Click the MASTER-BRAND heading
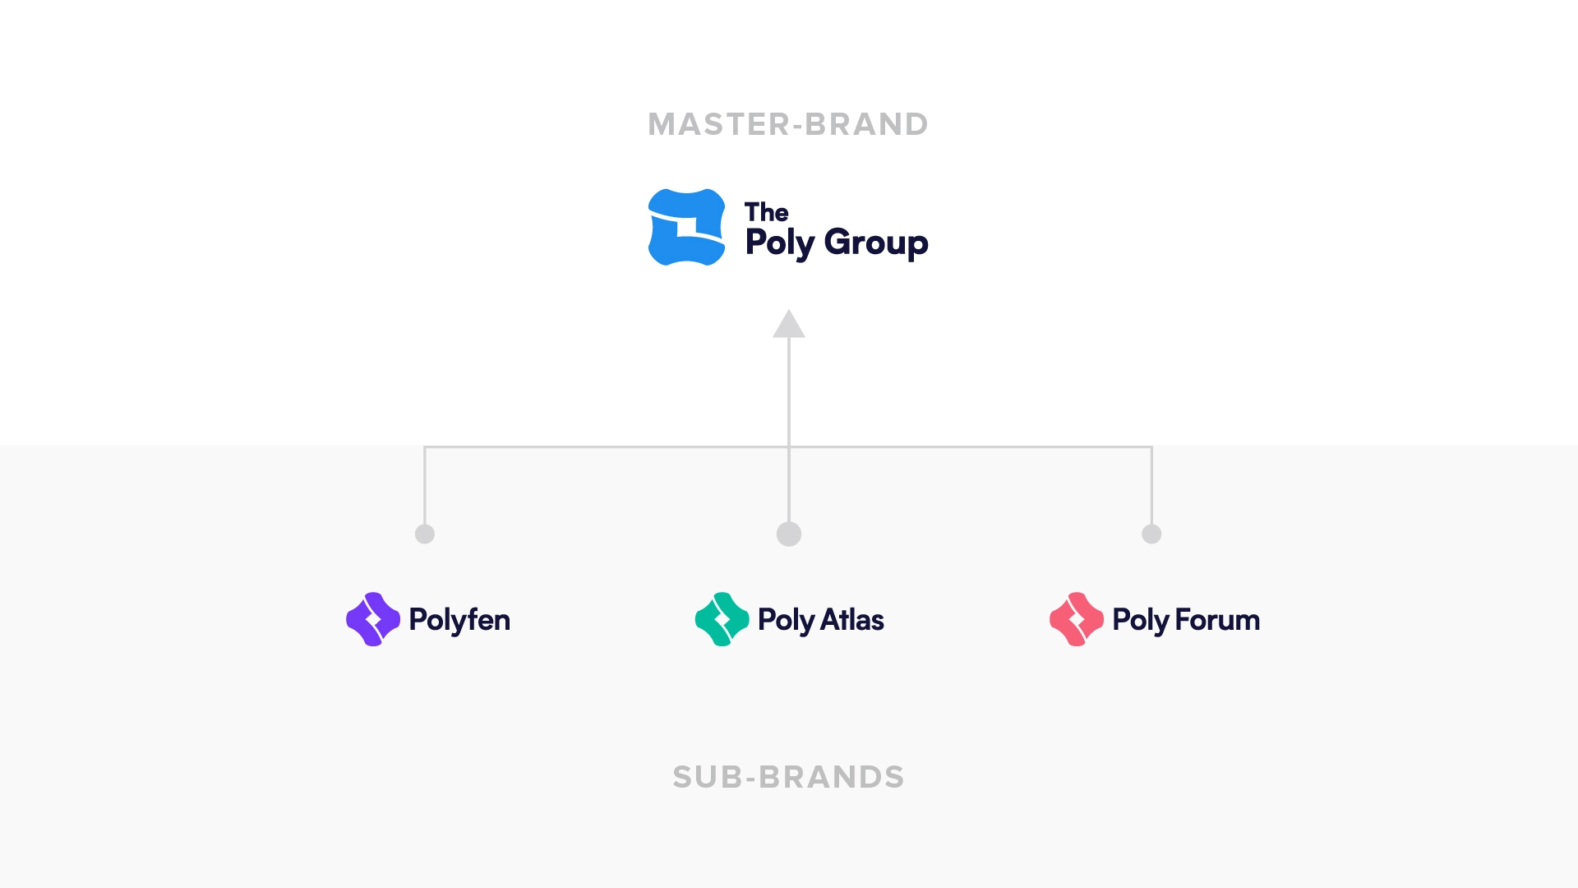click(788, 124)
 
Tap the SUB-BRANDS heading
click(788, 777)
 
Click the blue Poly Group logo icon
click(687, 227)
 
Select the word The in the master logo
click(766, 212)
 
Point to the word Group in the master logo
click(876, 243)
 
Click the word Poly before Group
click(780, 243)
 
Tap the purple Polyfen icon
click(373, 619)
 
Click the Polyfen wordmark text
click(459, 620)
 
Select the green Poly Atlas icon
click(722, 619)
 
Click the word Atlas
click(852, 620)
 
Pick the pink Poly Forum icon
click(1077, 619)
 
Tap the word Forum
click(1217, 620)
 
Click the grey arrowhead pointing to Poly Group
click(789, 324)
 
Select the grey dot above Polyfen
click(425, 534)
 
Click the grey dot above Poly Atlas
click(789, 534)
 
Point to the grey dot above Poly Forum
click(1151, 534)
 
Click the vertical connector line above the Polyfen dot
click(425, 485)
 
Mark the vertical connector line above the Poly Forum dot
click(1151, 485)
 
